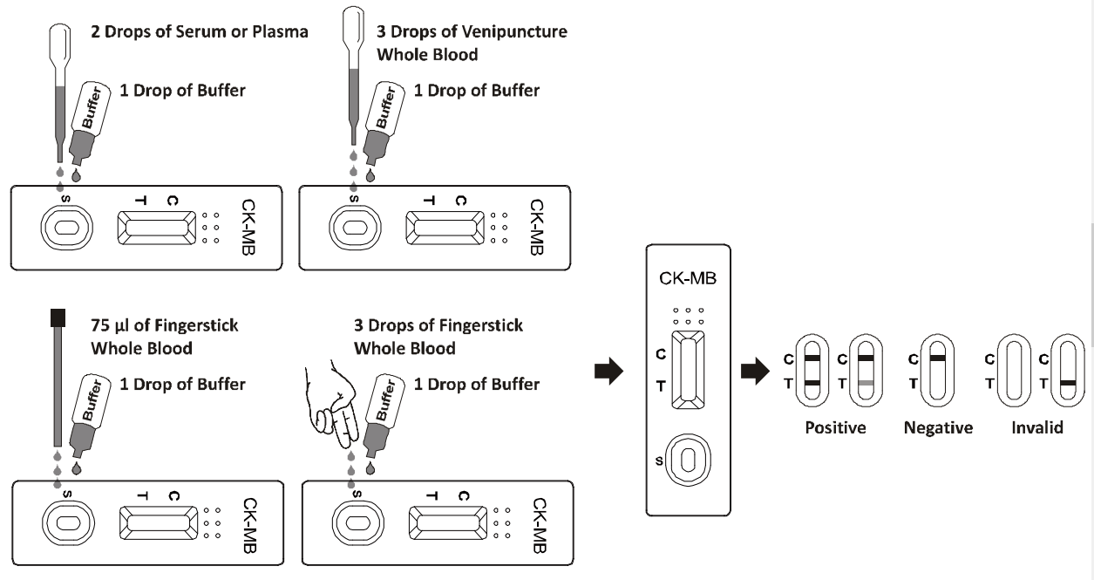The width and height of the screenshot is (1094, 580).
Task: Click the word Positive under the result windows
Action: tap(835, 427)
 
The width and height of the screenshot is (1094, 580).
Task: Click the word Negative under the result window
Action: tap(938, 427)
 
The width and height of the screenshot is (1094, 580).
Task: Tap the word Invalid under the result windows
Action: tap(1036, 427)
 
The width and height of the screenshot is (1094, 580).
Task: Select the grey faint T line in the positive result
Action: tap(866, 383)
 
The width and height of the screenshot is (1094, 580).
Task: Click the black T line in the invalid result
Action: tap(1068, 383)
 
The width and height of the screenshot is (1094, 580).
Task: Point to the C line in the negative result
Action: tap(938, 358)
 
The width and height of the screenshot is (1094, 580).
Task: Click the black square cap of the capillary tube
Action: tap(58, 317)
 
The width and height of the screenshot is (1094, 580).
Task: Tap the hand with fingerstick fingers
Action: tap(331, 405)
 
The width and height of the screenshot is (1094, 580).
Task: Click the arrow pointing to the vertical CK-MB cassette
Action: tap(608, 372)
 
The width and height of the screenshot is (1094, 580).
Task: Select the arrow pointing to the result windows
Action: tap(755, 372)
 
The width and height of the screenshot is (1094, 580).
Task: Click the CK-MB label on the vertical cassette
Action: tap(688, 278)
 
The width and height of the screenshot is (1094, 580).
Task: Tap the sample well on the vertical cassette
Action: tap(688, 460)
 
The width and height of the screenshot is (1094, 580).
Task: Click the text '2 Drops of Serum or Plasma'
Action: tap(200, 31)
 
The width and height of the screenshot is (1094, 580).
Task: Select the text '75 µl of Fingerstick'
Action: tap(164, 325)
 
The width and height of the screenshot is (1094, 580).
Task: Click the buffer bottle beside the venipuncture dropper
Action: tap(384, 123)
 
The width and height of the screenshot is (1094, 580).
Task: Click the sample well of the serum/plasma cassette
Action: tap(66, 228)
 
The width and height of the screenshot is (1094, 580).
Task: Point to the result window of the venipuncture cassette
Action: tap(445, 228)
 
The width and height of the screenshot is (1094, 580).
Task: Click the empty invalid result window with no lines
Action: tap(1014, 371)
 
